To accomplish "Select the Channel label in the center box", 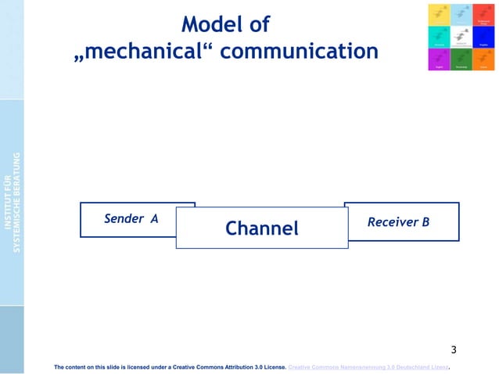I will pos(261,228).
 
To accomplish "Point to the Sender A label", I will pos(131,219).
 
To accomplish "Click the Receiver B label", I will pos(398,222).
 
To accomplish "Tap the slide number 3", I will pos(454,349).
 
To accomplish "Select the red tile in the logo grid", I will pos(483,14).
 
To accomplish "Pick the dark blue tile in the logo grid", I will pos(483,37).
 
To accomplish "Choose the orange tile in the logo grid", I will pos(483,59).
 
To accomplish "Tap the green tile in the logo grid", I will pos(461,59).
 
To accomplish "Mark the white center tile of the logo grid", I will pos(461,37).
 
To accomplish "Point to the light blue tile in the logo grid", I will pos(461,14).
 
